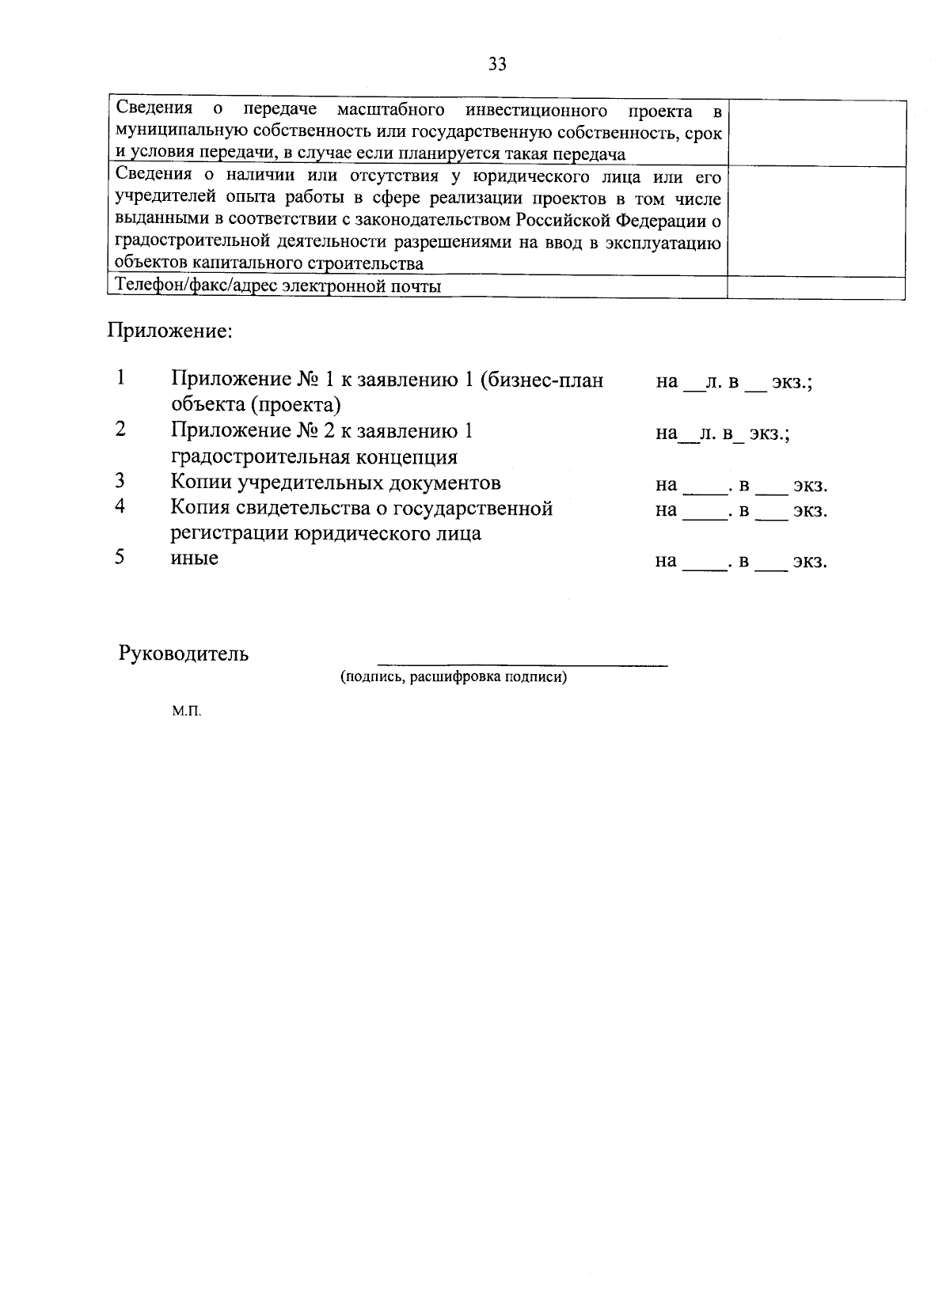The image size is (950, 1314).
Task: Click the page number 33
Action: coord(497,65)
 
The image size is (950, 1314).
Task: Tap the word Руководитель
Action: coord(184,653)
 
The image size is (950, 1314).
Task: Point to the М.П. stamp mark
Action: coord(187,712)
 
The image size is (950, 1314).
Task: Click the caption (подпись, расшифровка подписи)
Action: coord(454,678)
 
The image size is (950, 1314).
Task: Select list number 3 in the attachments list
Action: coord(120,481)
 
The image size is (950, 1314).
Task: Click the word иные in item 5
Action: coord(195,558)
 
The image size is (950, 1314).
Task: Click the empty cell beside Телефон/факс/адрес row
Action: coord(815,287)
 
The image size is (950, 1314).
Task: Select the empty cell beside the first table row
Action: coord(815,132)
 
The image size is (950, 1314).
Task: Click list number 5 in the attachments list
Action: coord(120,557)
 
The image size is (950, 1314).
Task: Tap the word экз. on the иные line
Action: coord(810,562)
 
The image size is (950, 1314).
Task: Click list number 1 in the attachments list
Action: coord(120,377)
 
